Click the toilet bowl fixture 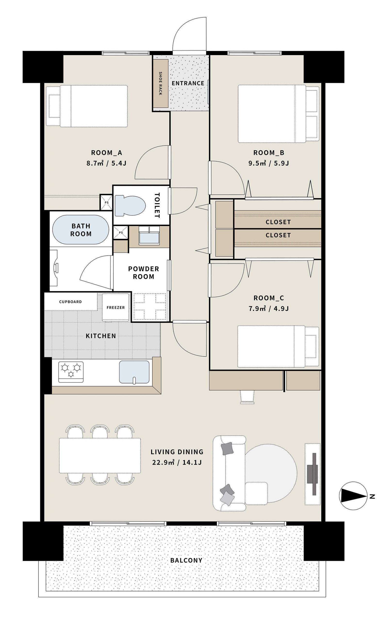coord(130,206)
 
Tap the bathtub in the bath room coord(81,229)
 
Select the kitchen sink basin coord(134,372)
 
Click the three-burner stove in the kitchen coord(71,372)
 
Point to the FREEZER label coord(116,308)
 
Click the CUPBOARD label coord(70,302)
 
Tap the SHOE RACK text coord(160,84)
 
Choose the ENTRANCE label coord(188,83)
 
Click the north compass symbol coord(353,496)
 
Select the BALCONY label coord(186,560)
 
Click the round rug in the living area coord(271,473)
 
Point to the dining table coord(100,456)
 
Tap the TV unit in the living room coord(313,474)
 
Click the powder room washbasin coord(149,235)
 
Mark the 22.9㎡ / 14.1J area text coord(177,462)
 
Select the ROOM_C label coord(269,298)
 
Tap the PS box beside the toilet coord(107,202)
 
